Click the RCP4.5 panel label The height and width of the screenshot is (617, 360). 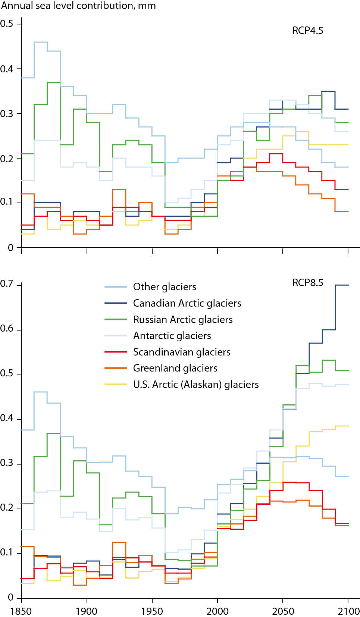click(x=307, y=31)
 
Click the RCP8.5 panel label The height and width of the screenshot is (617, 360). click(x=307, y=283)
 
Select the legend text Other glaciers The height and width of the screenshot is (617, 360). click(x=165, y=287)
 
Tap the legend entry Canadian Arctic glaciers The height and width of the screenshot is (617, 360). click(x=187, y=303)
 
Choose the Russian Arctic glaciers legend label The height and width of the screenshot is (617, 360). click(x=183, y=320)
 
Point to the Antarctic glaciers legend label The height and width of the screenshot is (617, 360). click(x=172, y=336)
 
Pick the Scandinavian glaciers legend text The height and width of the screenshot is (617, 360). click(x=182, y=352)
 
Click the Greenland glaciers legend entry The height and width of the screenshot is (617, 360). click(x=175, y=368)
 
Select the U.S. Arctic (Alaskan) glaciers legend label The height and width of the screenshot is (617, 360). click(x=196, y=385)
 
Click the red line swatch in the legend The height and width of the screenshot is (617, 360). click(x=116, y=352)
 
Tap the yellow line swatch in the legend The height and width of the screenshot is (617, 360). click(x=116, y=384)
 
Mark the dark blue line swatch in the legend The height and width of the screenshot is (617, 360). click(x=116, y=303)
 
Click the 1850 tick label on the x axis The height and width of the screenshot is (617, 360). click(x=21, y=611)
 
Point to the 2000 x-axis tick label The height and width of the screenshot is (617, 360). click(x=217, y=611)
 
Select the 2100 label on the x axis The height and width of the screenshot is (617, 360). click(x=348, y=611)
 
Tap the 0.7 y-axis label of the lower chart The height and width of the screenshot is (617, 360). click(x=6, y=284)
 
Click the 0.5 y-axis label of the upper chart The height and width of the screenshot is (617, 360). click(x=6, y=24)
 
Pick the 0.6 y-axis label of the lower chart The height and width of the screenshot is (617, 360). click(x=6, y=329)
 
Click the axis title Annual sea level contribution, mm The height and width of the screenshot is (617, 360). click(x=78, y=6)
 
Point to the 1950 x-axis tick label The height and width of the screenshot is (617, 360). click(x=152, y=611)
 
